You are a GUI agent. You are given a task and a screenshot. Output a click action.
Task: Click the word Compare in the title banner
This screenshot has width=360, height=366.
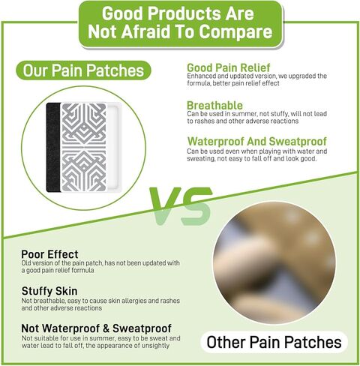tap(235, 32)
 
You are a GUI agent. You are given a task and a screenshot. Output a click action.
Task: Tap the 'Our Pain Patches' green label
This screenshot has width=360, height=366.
tap(83, 70)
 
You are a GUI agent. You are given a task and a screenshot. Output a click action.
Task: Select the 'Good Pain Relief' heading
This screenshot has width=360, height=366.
tap(229, 67)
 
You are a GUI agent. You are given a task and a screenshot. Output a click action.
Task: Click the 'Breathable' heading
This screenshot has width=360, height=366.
tap(214, 105)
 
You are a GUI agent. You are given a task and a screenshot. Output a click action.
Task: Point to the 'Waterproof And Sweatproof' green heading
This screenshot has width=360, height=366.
tap(257, 141)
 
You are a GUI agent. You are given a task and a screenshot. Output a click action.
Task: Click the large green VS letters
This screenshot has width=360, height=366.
tap(181, 205)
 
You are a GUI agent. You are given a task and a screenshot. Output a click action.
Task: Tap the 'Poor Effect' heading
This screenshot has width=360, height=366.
tap(49, 254)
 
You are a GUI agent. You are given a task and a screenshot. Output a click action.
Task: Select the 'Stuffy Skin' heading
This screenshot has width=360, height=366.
tap(49, 291)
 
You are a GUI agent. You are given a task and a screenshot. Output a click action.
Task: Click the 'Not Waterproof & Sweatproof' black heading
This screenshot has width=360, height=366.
tap(97, 328)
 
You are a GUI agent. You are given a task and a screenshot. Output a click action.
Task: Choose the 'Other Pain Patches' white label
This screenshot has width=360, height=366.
tap(274, 342)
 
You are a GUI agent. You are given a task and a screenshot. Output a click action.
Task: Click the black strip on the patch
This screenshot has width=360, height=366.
tap(53, 147)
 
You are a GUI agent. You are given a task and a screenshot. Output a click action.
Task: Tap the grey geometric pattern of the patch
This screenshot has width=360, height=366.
tap(84, 147)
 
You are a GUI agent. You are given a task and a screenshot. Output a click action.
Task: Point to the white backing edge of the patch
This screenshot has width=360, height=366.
tap(114, 147)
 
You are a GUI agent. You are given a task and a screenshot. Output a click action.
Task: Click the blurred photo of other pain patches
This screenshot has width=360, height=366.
tap(274, 262)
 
